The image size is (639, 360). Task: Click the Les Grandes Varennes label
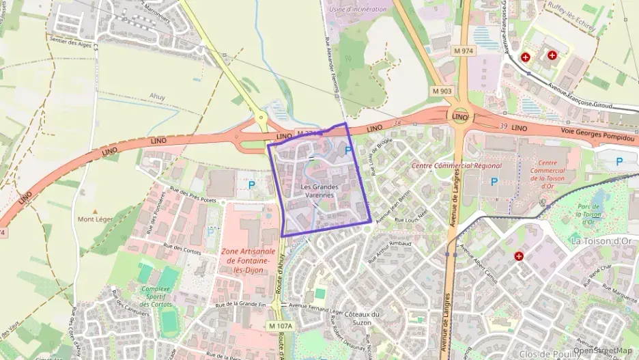click(x=319, y=191)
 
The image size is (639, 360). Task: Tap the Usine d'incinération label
click(x=357, y=10)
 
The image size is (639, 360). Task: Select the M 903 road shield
click(x=442, y=90)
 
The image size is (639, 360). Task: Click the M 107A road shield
click(x=280, y=326)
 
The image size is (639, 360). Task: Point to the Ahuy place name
click(x=158, y=96)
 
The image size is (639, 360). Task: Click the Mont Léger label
click(x=95, y=219)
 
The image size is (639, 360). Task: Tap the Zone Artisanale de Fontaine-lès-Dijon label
click(x=248, y=260)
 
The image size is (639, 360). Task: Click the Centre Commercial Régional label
click(x=456, y=165)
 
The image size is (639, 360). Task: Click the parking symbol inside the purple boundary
click(x=348, y=151)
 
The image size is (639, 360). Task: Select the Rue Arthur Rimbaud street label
click(x=391, y=251)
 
